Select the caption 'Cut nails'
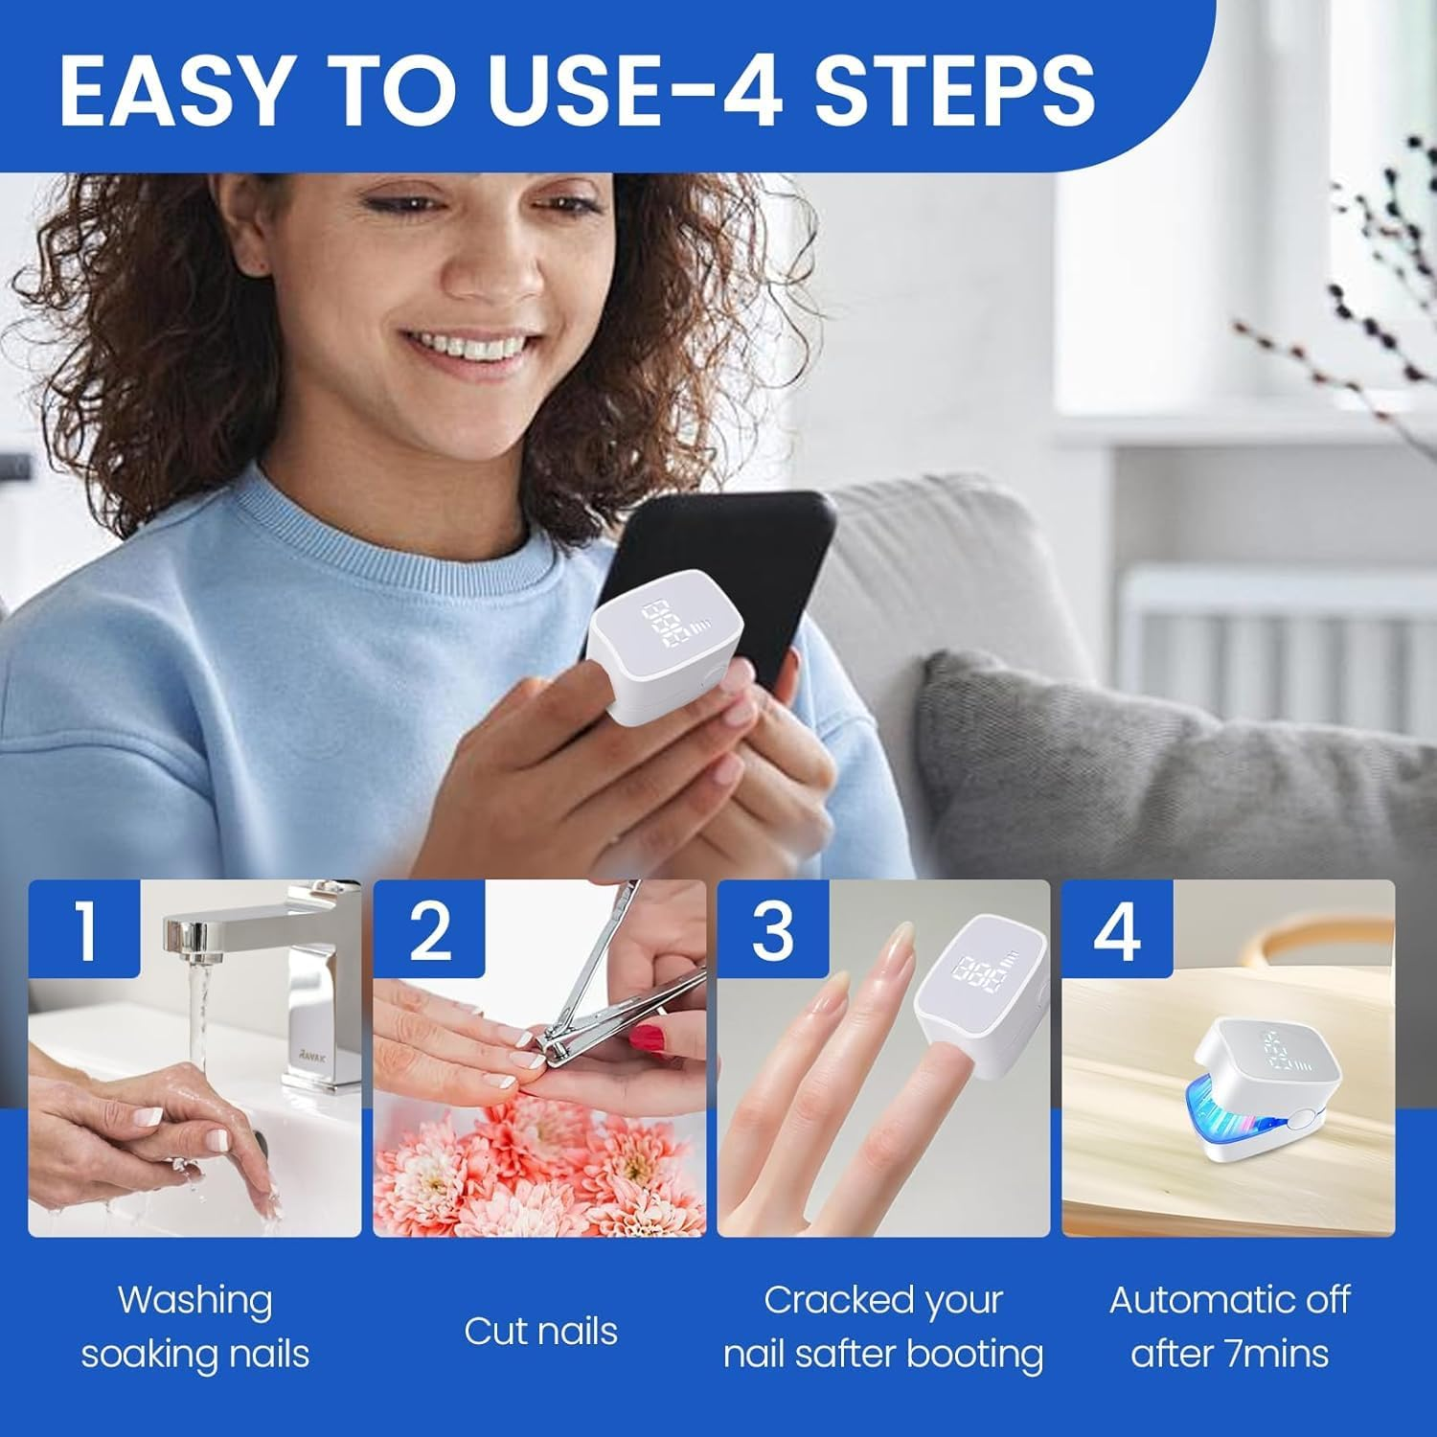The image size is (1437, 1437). (x=540, y=1331)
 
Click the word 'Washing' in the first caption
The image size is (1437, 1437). (x=194, y=1301)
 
